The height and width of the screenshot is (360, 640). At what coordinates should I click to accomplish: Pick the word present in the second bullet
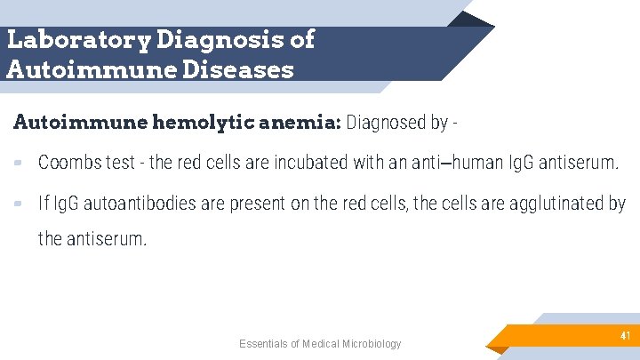[256, 204]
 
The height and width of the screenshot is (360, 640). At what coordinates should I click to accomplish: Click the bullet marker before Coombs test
[19, 163]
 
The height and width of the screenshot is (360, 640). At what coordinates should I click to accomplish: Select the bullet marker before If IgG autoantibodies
[19, 204]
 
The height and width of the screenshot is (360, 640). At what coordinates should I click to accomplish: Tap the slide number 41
[625, 335]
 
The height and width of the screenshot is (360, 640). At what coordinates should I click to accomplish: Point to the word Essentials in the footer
[265, 344]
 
